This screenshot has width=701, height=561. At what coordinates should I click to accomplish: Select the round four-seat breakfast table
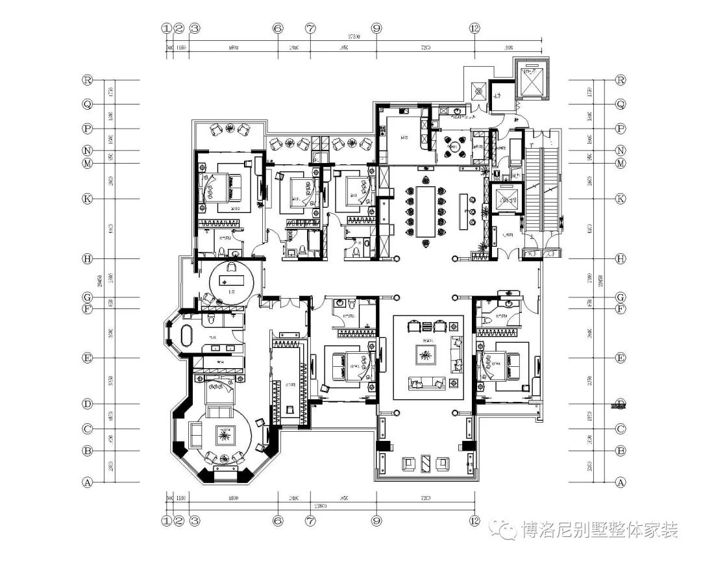coord(455,146)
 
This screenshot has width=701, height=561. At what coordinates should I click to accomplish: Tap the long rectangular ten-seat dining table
coord(426,212)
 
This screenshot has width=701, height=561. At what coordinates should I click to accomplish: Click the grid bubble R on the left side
coord(87,80)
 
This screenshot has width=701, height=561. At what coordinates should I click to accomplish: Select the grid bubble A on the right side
coord(621,482)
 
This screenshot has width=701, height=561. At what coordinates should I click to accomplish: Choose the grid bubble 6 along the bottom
coord(278,520)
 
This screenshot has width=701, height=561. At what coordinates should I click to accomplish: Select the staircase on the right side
coord(541,188)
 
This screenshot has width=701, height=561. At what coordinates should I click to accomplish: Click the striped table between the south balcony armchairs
coord(426,463)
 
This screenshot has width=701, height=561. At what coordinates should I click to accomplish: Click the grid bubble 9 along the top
coord(376,29)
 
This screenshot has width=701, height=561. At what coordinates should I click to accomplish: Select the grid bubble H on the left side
coord(87,258)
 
